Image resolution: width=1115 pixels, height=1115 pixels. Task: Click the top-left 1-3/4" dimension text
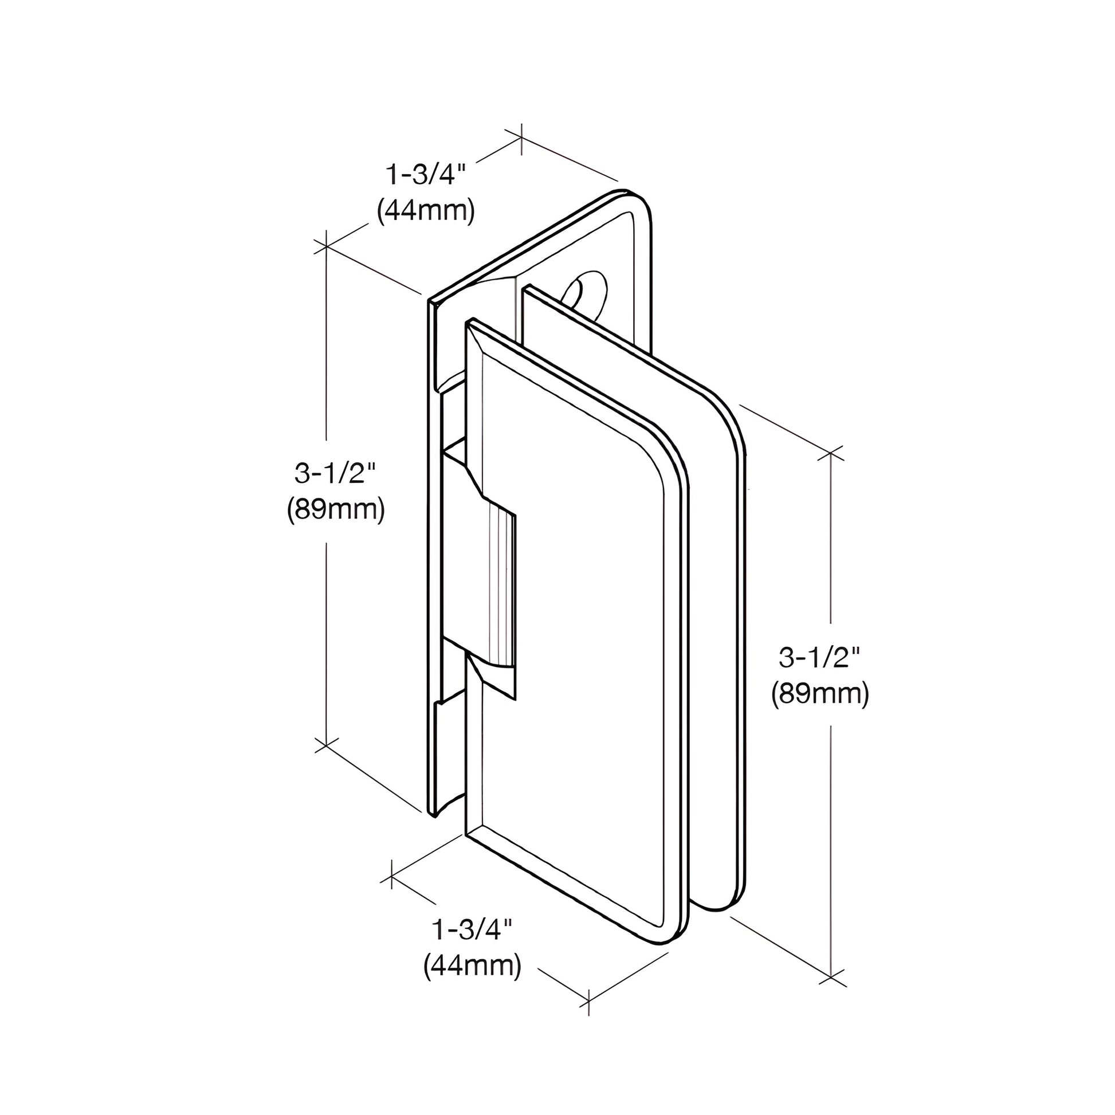click(425, 174)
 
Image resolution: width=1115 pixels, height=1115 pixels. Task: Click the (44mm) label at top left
click(425, 212)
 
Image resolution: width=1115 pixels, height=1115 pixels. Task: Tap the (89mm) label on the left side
click(335, 510)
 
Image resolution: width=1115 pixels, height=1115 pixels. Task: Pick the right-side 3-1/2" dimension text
click(819, 657)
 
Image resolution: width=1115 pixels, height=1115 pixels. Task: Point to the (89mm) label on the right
click(819, 695)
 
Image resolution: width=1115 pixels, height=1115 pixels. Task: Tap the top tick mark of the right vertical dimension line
click(831, 453)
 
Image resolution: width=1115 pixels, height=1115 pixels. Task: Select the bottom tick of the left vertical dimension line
click(327, 745)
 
